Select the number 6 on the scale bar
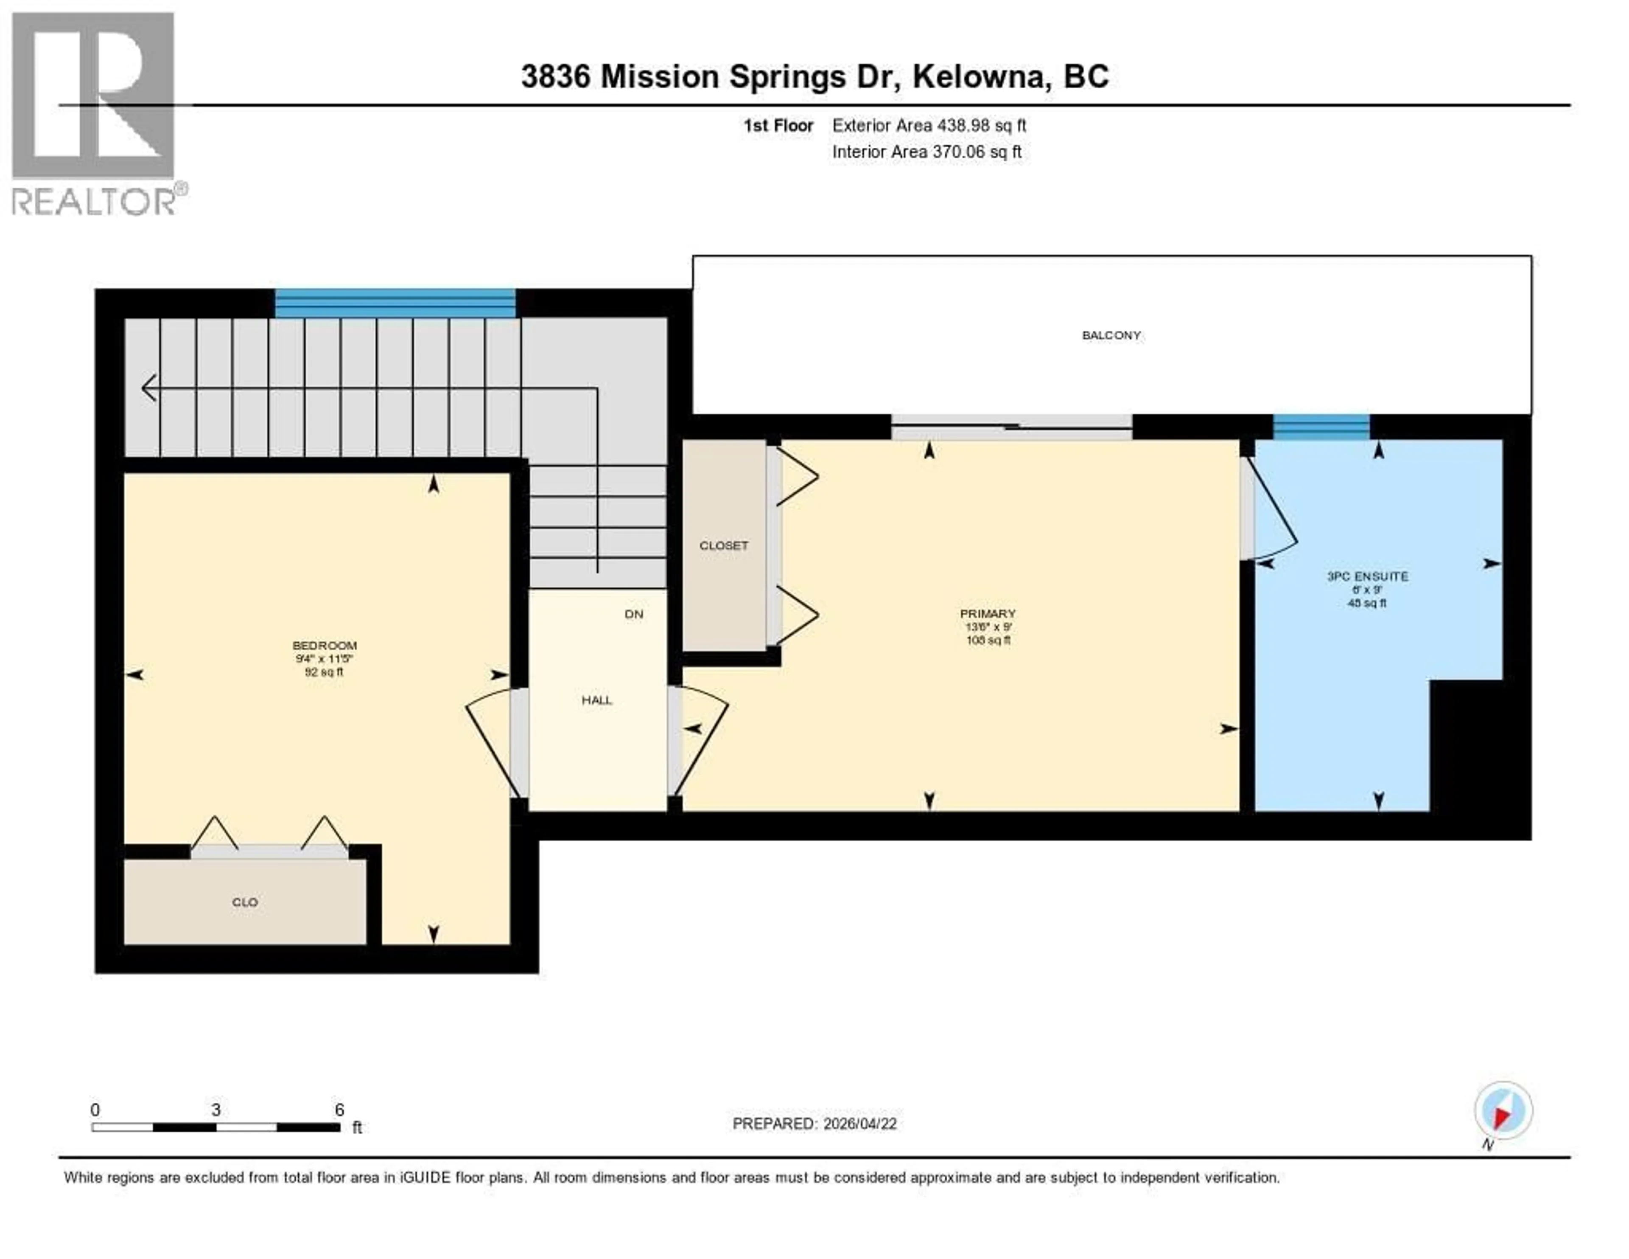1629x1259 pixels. click(x=339, y=1110)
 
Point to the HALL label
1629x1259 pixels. click(x=597, y=700)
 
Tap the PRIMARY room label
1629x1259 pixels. click(x=988, y=613)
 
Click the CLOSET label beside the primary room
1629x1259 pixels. click(x=723, y=545)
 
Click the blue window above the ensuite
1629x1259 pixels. click(x=1321, y=427)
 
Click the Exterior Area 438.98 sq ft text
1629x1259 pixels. click(x=929, y=125)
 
